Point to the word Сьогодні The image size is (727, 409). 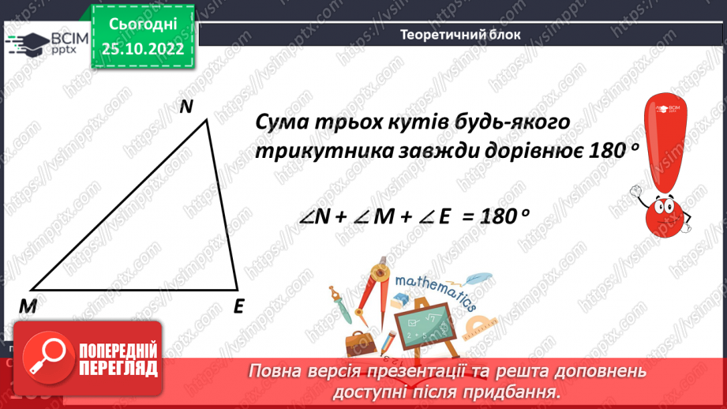point(142,24)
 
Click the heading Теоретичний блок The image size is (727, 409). point(459,35)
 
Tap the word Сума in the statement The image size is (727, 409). point(285,124)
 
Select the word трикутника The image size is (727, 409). point(314,152)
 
